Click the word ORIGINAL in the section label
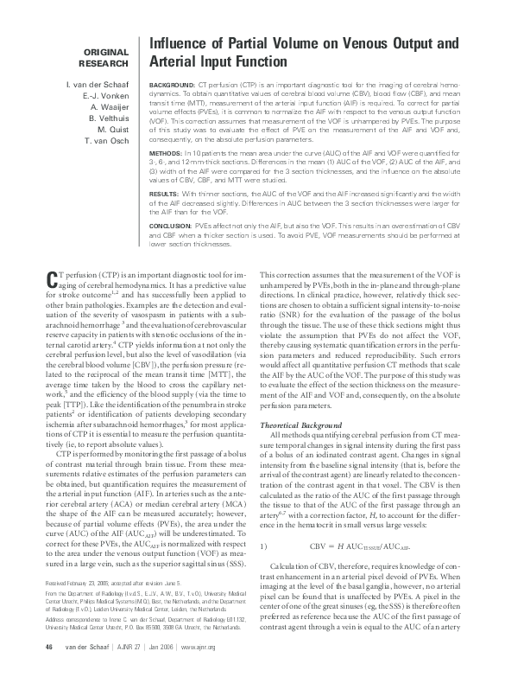(x=104, y=50)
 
